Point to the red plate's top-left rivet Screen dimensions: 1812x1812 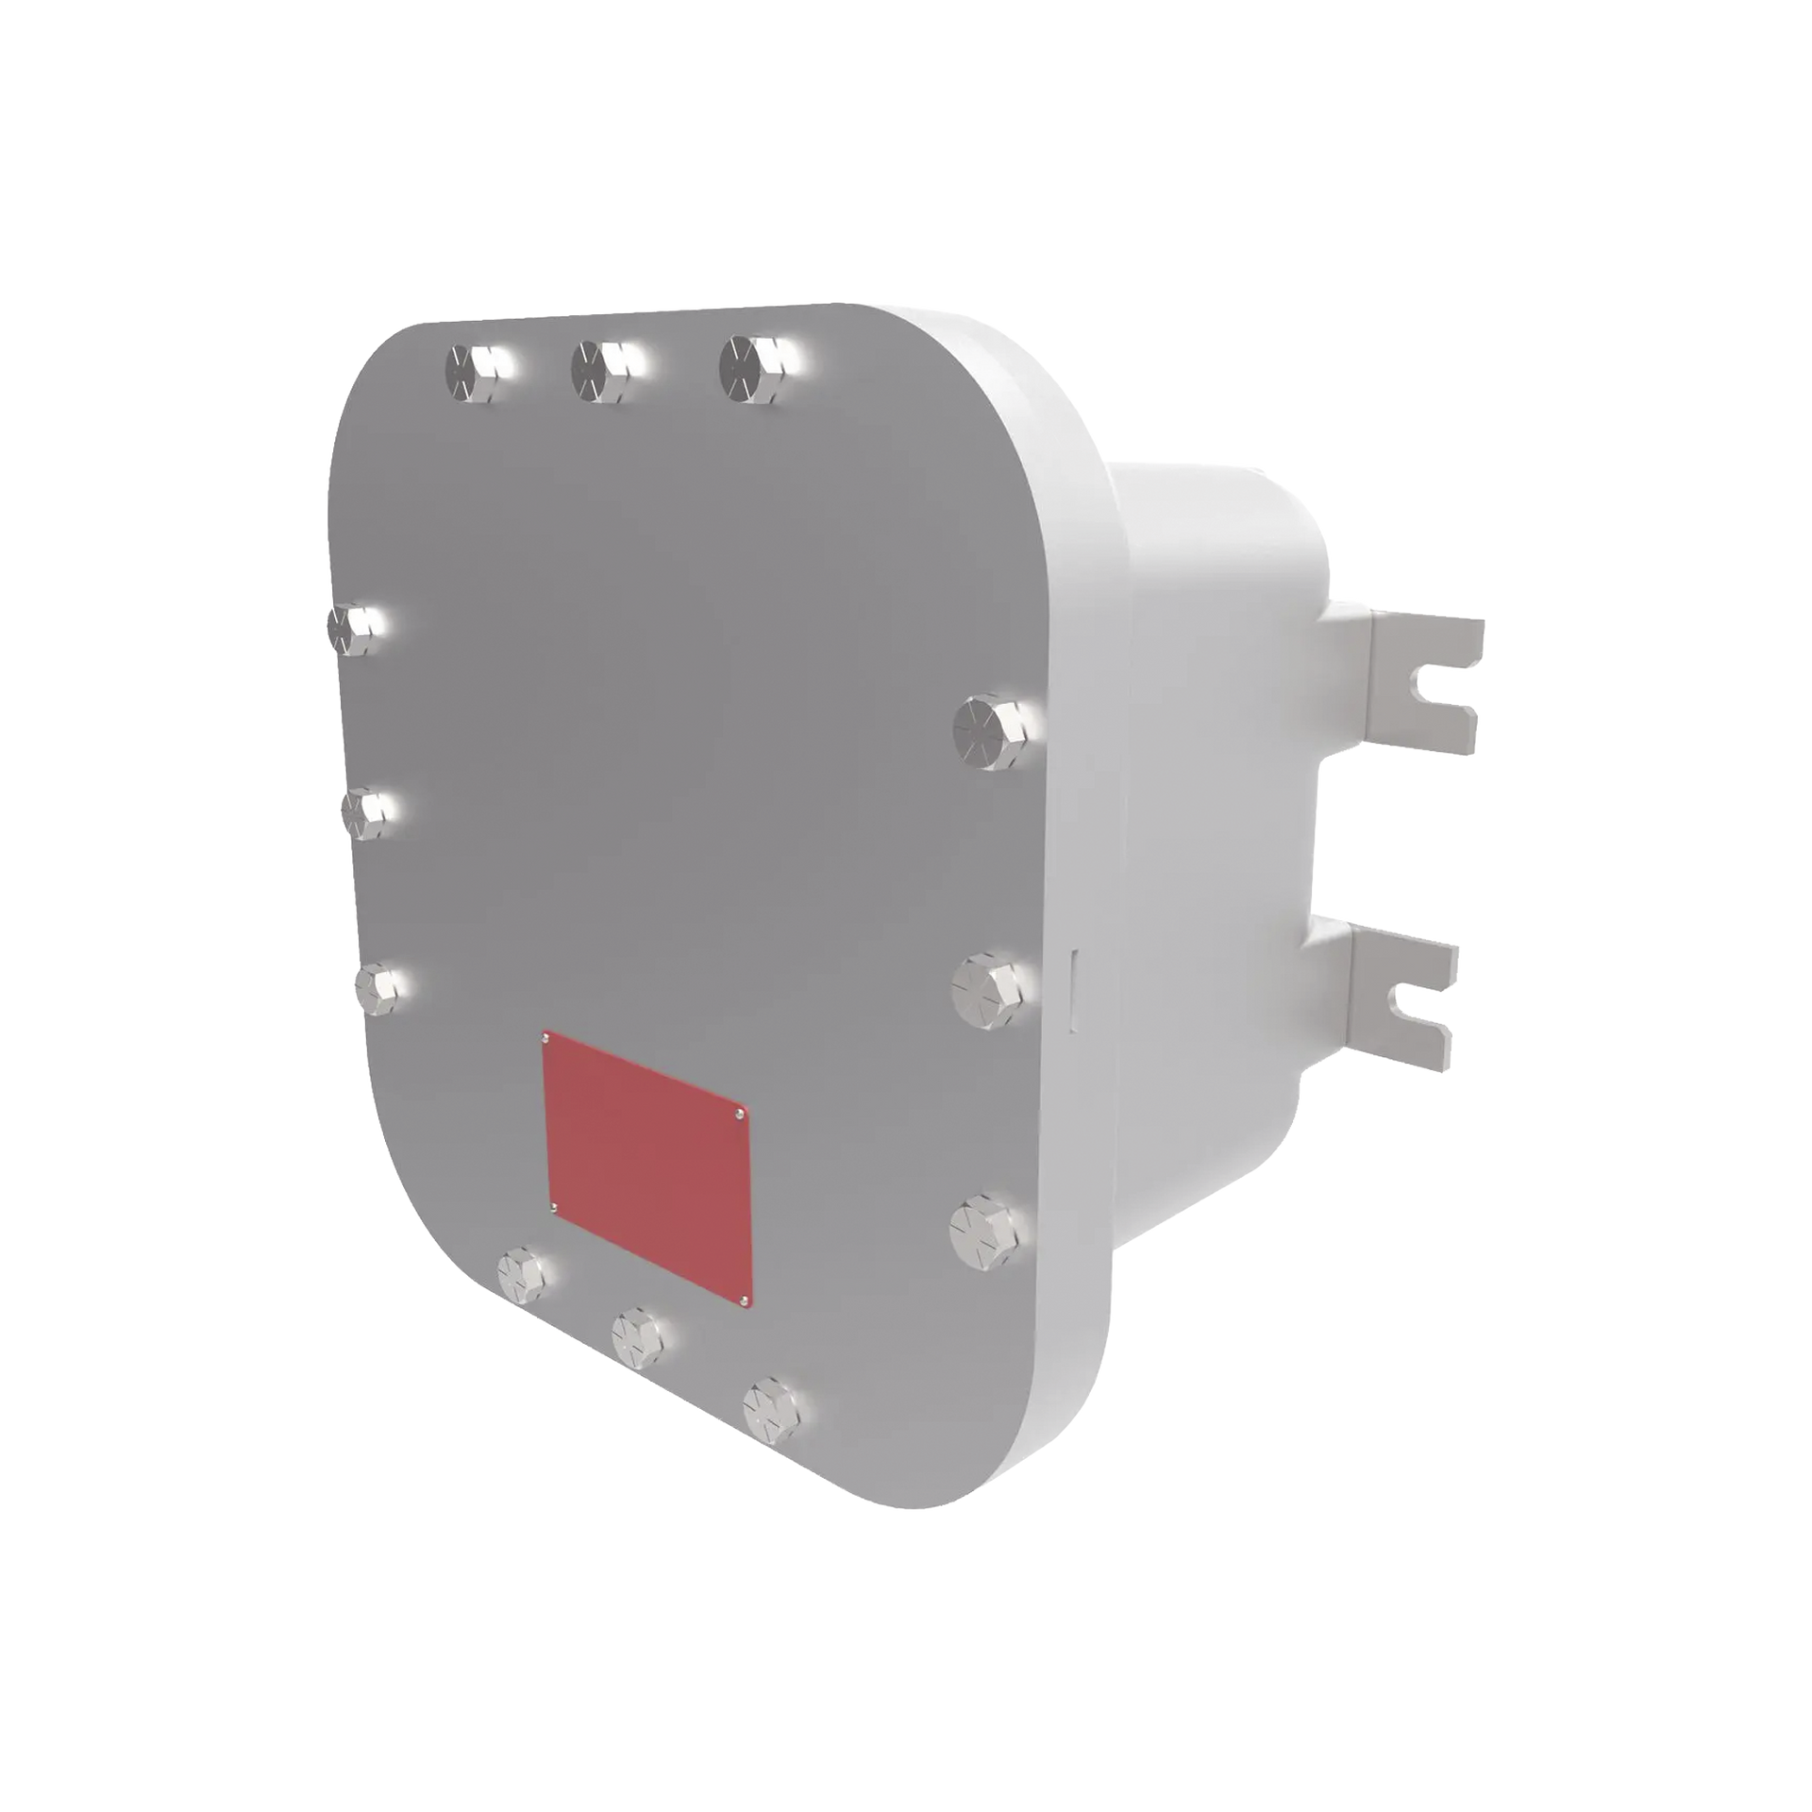[x=545, y=1041]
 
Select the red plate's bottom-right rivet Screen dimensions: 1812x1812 [x=745, y=1301]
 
